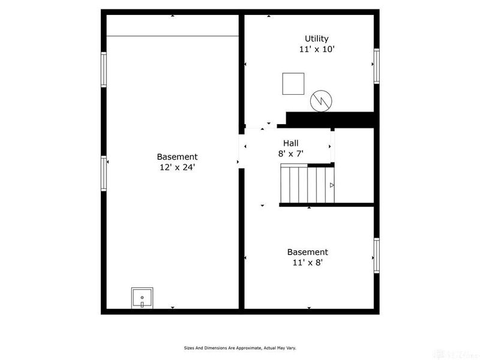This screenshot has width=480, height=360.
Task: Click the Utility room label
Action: (316, 38)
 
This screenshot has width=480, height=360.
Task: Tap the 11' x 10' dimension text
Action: (316, 50)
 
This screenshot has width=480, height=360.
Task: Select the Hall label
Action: (291, 143)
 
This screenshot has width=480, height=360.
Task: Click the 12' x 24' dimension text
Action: (177, 168)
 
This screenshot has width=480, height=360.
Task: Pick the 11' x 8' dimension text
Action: (307, 262)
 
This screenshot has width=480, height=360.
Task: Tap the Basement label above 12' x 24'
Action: (177, 157)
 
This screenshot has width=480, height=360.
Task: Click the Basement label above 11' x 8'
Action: (307, 252)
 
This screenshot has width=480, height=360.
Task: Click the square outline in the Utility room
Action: (293, 83)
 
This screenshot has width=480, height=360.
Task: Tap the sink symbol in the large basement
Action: (142, 297)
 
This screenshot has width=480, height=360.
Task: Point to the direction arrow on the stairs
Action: (331, 185)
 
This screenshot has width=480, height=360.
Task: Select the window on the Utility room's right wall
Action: (376, 66)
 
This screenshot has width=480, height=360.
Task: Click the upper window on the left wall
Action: (104, 70)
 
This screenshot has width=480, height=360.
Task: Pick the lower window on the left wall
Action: (104, 173)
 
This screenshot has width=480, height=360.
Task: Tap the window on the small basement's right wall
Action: (376, 256)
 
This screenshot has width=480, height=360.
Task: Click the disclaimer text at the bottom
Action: (240, 347)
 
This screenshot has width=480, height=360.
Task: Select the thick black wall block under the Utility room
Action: (330, 118)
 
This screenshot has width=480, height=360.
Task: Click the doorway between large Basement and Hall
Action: (241, 147)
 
